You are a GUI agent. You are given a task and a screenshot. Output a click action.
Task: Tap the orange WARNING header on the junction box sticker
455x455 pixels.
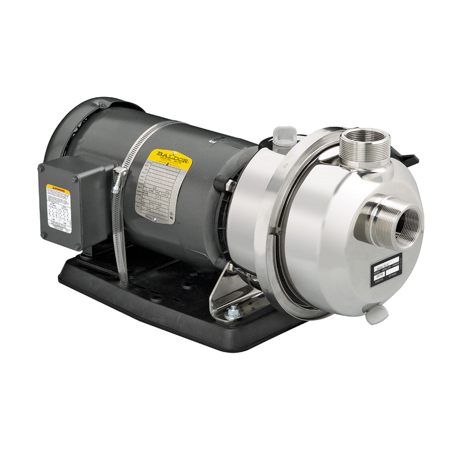point(58,187)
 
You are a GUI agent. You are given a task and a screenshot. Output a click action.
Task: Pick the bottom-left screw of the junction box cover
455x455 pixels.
point(44,235)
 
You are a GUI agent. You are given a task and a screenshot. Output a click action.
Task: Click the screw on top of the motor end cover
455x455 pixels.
point(103,106)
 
